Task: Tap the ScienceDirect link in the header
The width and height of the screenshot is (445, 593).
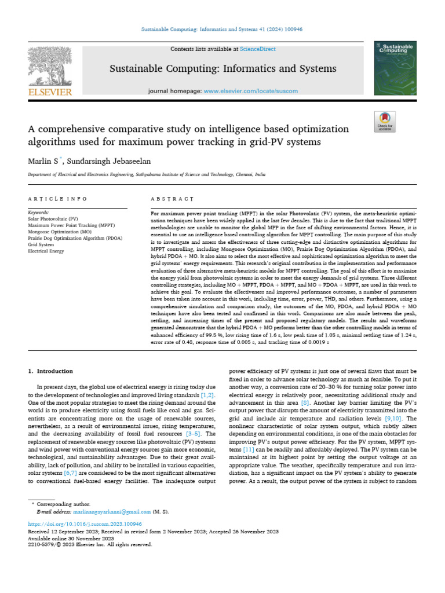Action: pos(242,49)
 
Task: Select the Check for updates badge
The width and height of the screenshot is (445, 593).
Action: pos(384,121)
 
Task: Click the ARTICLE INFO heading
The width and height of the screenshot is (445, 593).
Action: pos(58,199)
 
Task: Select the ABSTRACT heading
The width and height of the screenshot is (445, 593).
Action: pos(172,199)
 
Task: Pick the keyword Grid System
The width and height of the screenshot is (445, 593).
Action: pos(42,245)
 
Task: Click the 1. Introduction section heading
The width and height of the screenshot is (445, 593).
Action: pos(51,371)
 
